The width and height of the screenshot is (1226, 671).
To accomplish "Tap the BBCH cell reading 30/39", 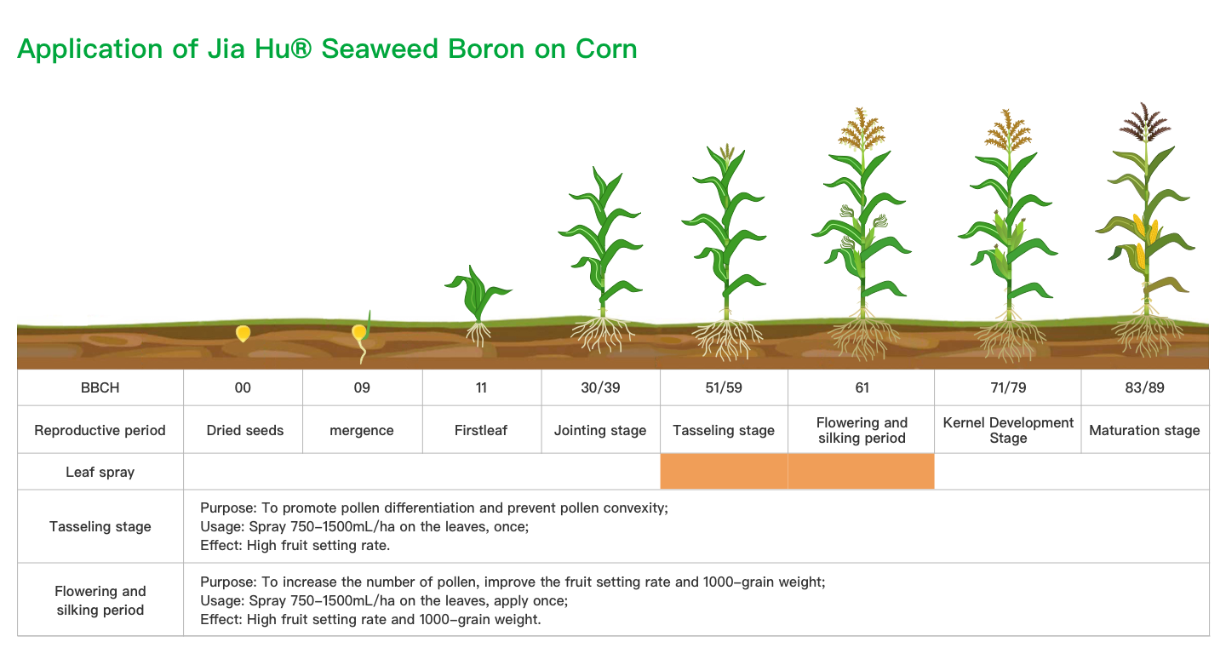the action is point(600,387).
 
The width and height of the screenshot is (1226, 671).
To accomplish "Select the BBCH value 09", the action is point(362,387).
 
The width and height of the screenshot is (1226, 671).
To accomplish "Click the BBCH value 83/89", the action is point(1144,387).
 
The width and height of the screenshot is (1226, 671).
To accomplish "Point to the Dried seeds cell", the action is point(244,430).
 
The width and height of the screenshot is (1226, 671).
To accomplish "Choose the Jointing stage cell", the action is point(600,430).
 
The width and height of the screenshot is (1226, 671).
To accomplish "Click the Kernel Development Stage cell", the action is point(1008,430).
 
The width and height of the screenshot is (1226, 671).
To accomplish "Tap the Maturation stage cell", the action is point(1144,430).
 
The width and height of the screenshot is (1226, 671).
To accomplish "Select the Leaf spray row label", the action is point(100,472).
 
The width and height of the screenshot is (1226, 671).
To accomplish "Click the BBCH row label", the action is point(100,387).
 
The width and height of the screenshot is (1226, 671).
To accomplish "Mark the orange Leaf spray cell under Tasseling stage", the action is point(724,471).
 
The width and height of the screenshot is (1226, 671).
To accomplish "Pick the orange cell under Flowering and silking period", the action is point(862,471).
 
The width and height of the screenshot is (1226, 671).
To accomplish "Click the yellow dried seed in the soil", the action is point(243,333).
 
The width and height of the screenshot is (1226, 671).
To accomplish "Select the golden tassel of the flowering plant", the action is point(862,129).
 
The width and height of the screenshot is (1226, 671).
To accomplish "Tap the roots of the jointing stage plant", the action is point(602,334).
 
